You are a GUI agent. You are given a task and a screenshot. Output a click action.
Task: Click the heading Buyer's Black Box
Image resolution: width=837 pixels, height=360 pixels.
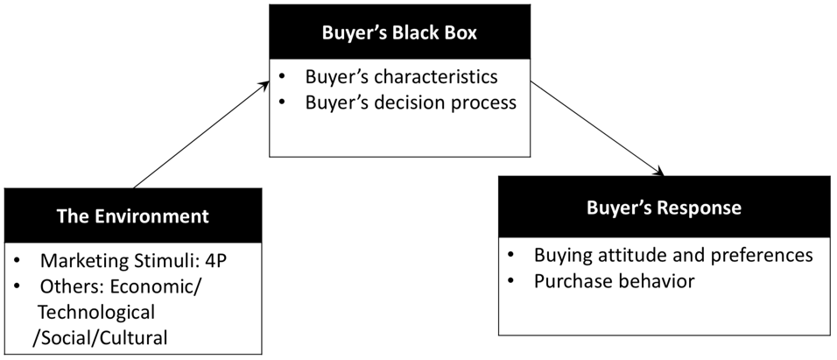coord(399,32)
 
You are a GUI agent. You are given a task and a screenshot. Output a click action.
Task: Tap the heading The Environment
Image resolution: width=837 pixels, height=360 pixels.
coord(133,216)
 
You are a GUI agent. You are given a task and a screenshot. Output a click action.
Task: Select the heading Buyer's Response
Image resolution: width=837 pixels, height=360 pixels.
coord(664,208)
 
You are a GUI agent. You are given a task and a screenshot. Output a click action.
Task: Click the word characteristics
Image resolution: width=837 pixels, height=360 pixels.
coord(436,77)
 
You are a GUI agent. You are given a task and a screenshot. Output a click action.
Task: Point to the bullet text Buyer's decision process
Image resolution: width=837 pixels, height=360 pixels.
coord(411,102)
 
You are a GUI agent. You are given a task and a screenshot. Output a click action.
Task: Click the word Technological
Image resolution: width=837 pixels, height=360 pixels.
coord(96,312)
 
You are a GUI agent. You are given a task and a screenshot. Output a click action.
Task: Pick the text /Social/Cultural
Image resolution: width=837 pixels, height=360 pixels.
coord(100,337)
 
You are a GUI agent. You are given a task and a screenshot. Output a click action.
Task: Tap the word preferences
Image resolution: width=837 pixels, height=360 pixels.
coord(763,255)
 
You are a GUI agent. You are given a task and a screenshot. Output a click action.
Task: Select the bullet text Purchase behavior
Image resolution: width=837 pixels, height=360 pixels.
coord(615,281)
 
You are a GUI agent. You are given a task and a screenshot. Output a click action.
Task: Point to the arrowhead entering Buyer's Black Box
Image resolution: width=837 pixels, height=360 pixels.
coord(264,85)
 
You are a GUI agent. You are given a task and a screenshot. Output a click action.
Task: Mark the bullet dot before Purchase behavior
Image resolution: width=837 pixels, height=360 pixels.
coord(510,281)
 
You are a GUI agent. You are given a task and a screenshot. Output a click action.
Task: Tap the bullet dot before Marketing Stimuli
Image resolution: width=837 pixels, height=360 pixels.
coord(17,262)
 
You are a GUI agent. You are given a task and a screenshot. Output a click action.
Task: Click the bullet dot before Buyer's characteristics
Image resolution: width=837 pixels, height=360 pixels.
coord(281,77)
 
